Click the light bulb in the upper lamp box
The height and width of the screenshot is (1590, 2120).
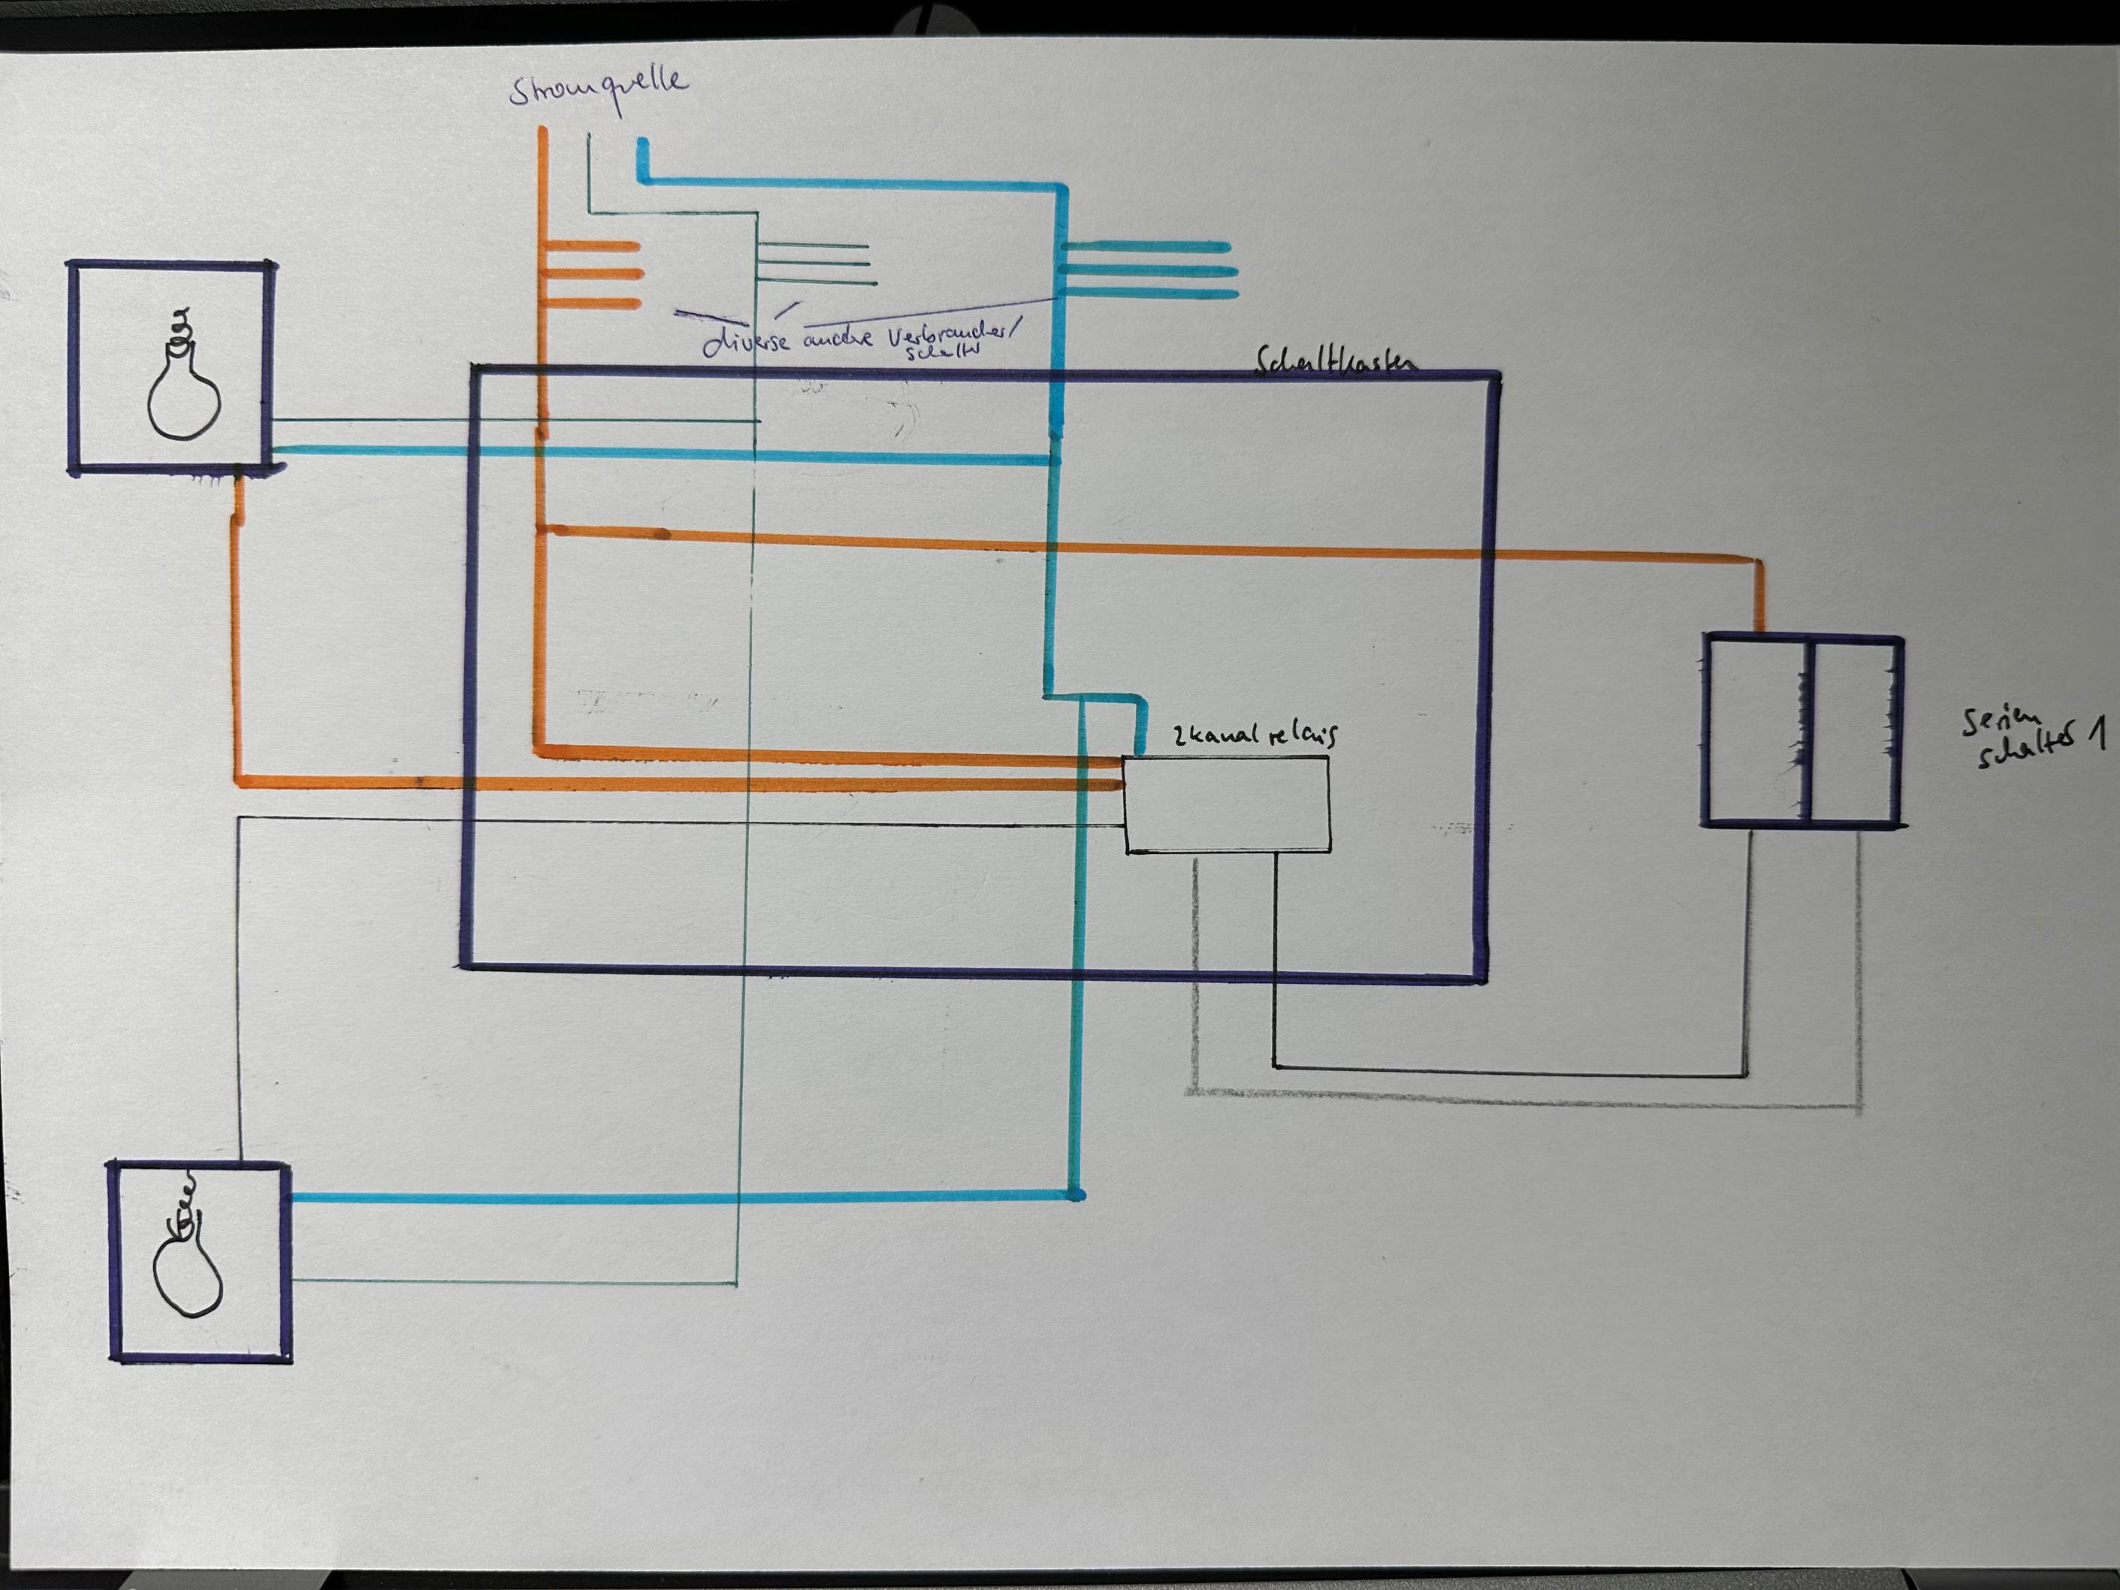184,379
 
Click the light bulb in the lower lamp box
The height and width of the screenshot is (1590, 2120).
188,1260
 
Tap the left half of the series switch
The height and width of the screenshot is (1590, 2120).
1756,730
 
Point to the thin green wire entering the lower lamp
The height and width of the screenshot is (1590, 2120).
508,1281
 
